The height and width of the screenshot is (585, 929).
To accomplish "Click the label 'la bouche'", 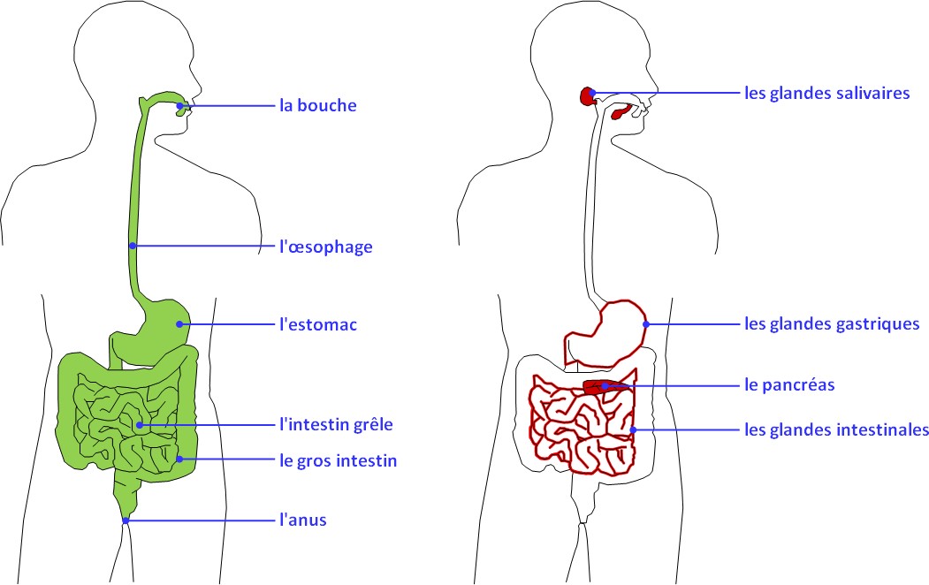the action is click(x=318, y=105).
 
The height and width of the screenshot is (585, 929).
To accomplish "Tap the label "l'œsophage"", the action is click(x=326, y=247).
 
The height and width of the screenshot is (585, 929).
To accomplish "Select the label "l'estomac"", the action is click(x=318, y=324).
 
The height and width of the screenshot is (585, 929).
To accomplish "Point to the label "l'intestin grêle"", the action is click(x=336, y=424).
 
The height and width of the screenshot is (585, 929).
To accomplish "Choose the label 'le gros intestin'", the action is click(x=339, y=460).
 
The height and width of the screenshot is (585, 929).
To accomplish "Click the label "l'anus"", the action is click(x=303, y=520).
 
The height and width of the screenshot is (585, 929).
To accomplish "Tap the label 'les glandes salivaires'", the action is click(x=827, y=93).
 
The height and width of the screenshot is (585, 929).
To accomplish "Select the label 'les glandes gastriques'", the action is click(x=832, y=324).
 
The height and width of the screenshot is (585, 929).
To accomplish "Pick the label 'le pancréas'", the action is click(x=789, y=385).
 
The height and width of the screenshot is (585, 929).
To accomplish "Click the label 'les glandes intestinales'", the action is click(x=836, y=429).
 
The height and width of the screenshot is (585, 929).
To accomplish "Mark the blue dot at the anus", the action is click(x=126, y=521).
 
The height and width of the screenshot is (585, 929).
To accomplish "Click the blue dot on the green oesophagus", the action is click(x=133, y=246).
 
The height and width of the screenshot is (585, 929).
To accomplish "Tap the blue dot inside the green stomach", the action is click(x=179, y=324).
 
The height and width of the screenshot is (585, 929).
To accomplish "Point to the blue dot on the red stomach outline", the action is click(x=646, y=324).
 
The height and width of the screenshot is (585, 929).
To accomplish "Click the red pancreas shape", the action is click(x=598, y=387).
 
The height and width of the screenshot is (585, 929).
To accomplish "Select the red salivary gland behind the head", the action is click(x=587, y=96).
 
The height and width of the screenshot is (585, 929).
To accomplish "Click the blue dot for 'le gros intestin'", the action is click(x=179, y=459).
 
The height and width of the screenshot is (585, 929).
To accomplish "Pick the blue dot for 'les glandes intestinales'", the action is click(x=634, y=429).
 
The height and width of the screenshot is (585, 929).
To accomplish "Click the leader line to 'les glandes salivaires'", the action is click(x=666, y=93).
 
